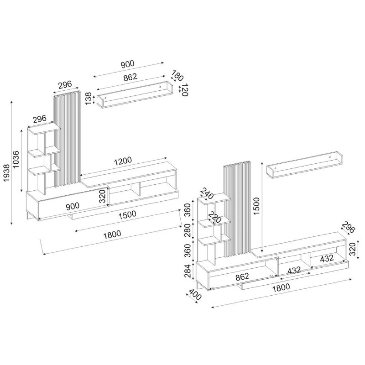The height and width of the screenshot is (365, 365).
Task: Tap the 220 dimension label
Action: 214,217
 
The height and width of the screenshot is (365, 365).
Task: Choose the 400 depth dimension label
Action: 194,295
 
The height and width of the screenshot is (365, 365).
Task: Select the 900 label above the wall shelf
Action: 127,64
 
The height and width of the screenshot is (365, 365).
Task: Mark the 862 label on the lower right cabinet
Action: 242,276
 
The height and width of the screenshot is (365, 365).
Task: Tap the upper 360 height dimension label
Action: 189,209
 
